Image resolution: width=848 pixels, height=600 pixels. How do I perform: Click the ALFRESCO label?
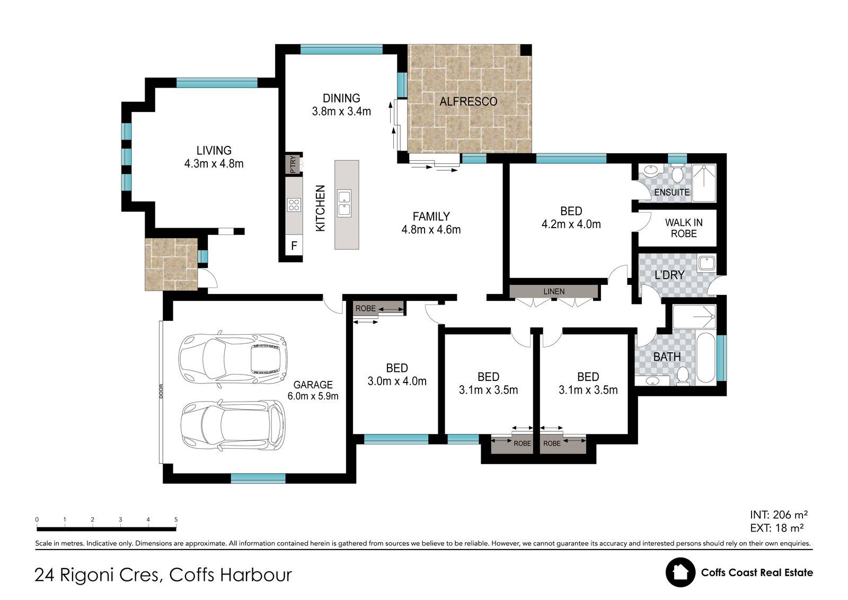click(x=468, y=101)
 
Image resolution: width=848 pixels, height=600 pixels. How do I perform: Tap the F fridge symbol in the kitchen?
click(x=294, y=246)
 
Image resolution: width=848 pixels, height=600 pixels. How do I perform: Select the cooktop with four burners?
click(x=294, y=205)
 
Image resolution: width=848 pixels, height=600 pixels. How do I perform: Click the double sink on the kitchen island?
click(x=344, y=203)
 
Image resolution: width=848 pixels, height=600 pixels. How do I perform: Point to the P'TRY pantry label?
click(x=293, y=164)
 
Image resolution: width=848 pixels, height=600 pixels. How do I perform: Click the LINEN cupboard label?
click(x=554, y=291)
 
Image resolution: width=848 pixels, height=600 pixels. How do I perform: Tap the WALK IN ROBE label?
click(x=684, y=228)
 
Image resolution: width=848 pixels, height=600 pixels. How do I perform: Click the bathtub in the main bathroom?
click(x=705, y=358)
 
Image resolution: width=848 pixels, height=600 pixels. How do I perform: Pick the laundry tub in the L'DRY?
click(x=706, y=263)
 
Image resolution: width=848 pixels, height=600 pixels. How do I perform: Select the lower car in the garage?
click(x=233, y=424)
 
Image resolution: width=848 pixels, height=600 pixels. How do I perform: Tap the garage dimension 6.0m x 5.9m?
click(x=313, y=396)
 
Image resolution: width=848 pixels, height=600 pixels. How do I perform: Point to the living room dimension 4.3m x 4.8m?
click(x=214, y=163)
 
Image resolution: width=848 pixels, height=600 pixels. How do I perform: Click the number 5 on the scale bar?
click(x=175, y=519)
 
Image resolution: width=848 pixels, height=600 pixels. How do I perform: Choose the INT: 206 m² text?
click(x=779, y=515)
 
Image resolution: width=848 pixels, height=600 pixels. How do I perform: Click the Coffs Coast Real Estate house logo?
click(x=681, y=572)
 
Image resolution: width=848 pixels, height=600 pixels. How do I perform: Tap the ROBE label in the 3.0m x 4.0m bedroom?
click(x=365, y=309)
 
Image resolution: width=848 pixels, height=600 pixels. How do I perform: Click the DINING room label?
click(x=341, y=98)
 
